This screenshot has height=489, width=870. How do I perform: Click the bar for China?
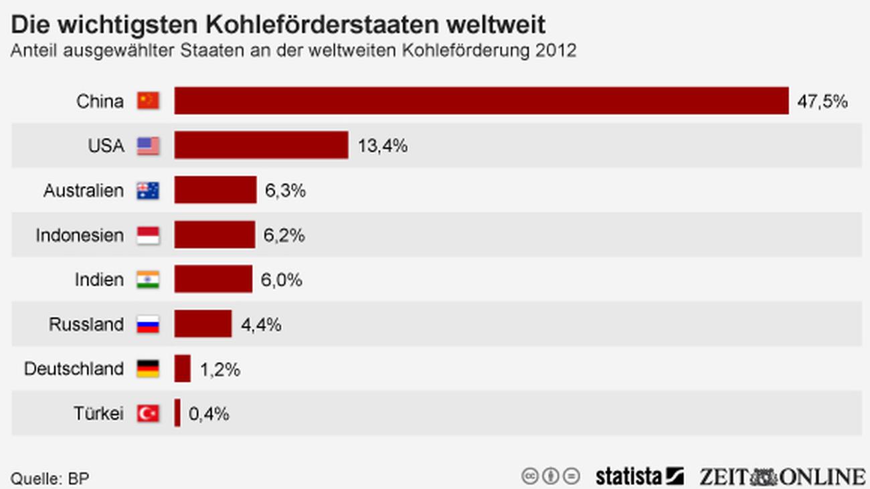(x=481, y=101)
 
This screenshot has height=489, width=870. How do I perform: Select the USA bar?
(x=261, y=145)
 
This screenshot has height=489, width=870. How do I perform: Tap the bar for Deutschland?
(x=182, y=369)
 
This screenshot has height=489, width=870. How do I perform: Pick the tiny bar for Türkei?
(x=177, y=413)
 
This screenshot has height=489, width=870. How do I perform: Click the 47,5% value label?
(x=822, y=102)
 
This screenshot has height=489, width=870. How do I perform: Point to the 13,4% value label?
(x=382, y=146)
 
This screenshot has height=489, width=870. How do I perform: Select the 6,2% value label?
(x=284, y=235)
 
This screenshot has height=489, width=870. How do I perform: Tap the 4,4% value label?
(x=260, y=324)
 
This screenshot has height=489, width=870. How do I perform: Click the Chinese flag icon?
(x=148, y=101)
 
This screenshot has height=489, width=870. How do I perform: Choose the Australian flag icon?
(x=148, y=191)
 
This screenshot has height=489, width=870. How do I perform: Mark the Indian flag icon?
(x=148, y=280)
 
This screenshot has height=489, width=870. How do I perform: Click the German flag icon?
(x=148, y=369)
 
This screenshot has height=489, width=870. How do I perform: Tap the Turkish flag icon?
(x=148, y=413)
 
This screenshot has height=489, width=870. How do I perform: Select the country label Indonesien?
(x=80, y=235)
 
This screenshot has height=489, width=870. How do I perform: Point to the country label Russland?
(x=86, y=324)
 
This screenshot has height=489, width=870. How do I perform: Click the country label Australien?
(x=84, y=191)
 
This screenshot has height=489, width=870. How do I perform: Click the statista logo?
(x=639, y=476)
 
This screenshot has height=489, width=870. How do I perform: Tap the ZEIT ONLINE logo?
(x=782, y=476)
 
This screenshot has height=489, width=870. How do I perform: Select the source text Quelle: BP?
(x=50, y=479)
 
